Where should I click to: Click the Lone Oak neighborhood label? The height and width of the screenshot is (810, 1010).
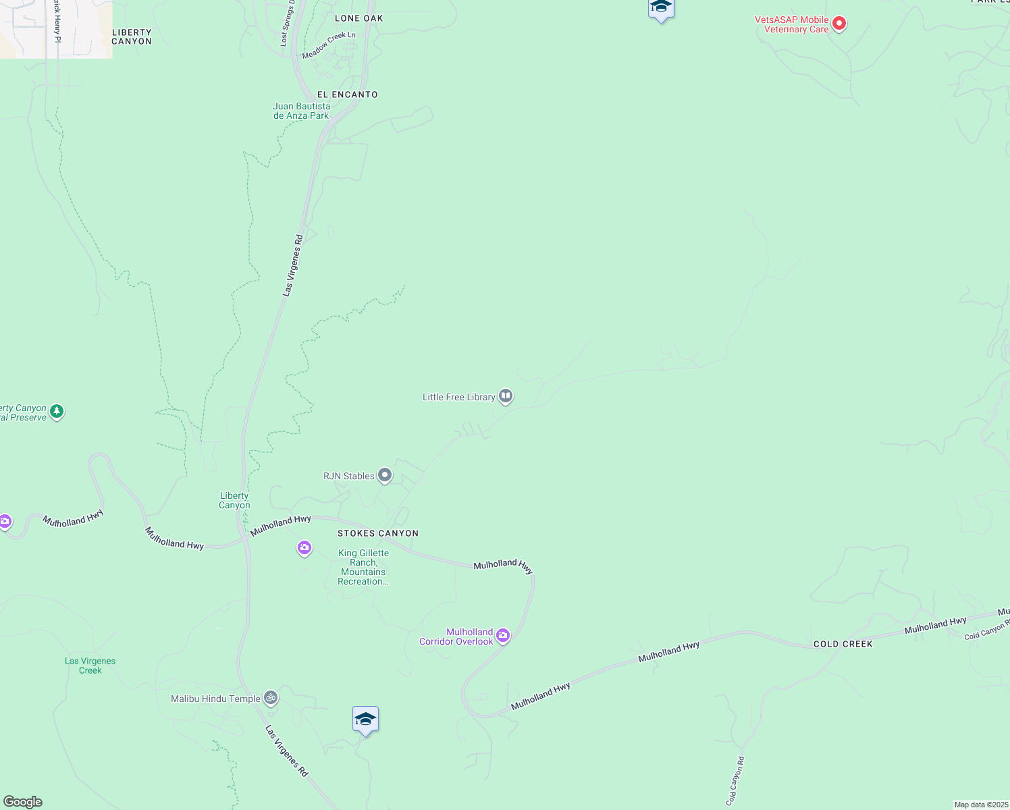358,18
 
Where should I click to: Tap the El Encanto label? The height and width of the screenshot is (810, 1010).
348,94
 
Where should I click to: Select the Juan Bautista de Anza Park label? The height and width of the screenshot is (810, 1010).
302,111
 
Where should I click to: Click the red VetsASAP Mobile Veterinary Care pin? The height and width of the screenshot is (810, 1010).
839,24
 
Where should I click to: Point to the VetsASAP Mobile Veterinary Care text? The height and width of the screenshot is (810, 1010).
791,24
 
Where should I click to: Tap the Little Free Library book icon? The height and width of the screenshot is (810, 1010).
506,396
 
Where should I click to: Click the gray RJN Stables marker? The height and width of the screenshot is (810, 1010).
385,475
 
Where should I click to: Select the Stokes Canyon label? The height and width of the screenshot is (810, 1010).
378,533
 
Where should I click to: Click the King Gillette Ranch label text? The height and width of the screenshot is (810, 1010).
363,567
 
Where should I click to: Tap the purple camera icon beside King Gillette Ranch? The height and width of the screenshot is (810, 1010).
304,547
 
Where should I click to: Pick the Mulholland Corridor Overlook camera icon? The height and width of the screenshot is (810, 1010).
503,635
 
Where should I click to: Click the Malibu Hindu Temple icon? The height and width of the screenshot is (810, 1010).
271,697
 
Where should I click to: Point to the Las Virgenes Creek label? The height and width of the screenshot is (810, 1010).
90,666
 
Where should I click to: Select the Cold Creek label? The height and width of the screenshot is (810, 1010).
843,644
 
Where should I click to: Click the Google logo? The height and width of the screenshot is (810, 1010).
23,802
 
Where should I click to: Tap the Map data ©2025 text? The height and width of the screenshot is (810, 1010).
980,805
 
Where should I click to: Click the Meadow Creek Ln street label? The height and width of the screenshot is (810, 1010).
329,45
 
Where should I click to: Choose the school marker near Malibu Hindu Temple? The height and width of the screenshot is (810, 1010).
365,720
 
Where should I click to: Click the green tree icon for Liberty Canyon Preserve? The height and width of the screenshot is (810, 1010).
57,411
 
